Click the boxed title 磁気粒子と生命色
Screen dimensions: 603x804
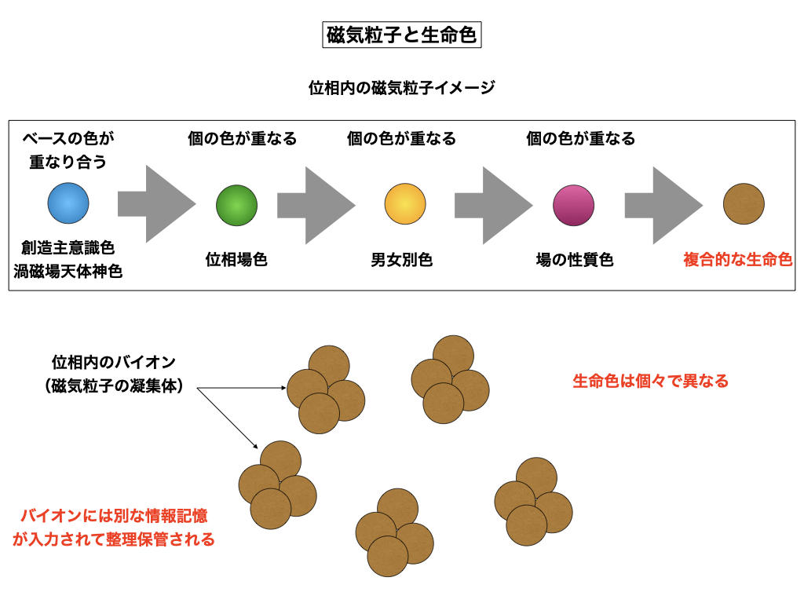click(x=401, y=35)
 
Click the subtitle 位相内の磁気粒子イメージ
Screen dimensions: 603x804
click(x=401, y=88)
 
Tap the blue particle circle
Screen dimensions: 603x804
click(x=68, y=203)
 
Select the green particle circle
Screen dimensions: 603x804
click(x=236, y=205)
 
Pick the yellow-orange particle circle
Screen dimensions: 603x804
click(x=404, y=204)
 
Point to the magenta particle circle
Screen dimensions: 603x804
click(x=573, y=205)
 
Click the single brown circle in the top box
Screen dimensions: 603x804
click(x=743, y=203)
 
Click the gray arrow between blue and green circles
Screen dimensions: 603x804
click(x=155, y=204)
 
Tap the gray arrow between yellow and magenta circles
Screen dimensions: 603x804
click(x=493, y=205)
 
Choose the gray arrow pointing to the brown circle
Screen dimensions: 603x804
click(x=663, y=205)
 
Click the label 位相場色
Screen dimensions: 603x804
click(x=236, y=260)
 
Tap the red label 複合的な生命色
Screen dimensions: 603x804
click(x=737, y=260)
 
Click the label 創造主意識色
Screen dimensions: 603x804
click(x=68, y=248)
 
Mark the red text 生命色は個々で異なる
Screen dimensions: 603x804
click(x=650, y=382)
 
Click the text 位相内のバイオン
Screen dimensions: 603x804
click(x=113, y=363)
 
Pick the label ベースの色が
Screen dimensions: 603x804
click(x=68, y=139)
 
